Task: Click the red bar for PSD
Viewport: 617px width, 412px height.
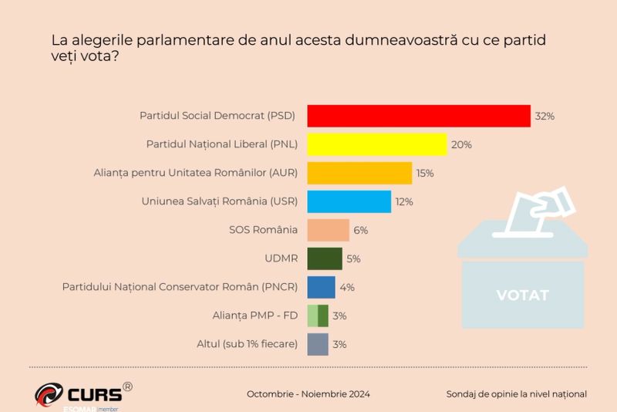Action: (x=419, y=116)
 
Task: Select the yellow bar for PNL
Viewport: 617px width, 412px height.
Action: (x=377, y=144)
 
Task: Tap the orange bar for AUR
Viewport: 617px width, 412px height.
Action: (x=359, y=173)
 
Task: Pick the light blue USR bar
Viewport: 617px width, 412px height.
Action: (x=349, y=201)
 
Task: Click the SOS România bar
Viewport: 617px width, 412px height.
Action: (x=329, y=230)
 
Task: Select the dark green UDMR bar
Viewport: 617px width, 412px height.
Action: (x=325, y=258)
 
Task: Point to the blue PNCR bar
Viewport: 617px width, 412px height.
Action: (x=321, y=287)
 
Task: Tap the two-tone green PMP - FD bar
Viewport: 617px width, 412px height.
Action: (x=318, y=316)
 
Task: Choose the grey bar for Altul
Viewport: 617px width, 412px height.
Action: (x=318, y=344)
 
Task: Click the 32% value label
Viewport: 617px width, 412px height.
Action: (x=545, y=117)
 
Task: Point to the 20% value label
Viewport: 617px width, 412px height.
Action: (x=462, y=145)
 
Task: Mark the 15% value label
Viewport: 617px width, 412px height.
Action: (x=425, y=174)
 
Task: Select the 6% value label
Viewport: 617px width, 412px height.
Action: (x=361, y=231)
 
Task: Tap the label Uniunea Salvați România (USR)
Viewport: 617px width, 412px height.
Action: (x=220, y=202)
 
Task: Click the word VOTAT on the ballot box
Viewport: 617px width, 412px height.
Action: (x=522, y=295)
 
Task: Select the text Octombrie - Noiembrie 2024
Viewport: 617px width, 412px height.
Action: (x=308, y=394)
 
